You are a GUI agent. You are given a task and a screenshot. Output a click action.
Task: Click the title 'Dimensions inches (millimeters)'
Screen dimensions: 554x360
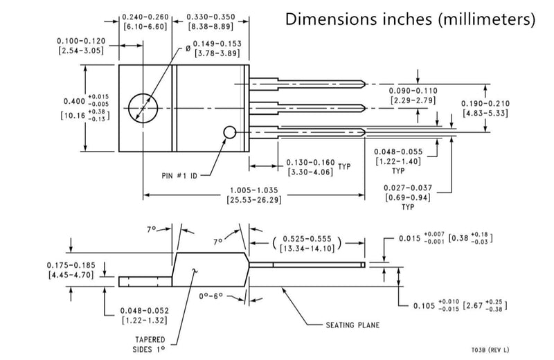(x=410, y=19)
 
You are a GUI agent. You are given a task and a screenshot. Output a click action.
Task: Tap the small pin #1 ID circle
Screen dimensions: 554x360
(x=229, y=132)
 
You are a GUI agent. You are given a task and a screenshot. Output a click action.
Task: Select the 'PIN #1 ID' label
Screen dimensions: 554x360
(x=179, y=176)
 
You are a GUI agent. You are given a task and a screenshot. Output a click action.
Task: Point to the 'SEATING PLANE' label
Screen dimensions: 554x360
(x=352, y=325)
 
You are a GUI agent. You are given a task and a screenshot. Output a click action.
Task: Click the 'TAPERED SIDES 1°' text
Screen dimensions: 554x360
(x=149, y=345)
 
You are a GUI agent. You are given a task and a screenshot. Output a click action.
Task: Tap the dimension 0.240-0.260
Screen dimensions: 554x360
(x=145, y=17)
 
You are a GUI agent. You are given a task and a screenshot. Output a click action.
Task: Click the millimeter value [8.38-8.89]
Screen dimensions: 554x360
(x=211, y=26)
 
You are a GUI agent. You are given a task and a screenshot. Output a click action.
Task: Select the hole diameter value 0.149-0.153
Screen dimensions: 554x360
(x=217, y=44)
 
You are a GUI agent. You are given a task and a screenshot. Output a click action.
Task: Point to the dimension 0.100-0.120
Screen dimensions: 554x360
(x=81, y=42)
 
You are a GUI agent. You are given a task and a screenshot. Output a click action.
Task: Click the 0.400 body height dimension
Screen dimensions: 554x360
(x=74, y=101)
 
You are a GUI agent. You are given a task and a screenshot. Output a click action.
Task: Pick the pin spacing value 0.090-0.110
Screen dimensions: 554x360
(x=413, y=91)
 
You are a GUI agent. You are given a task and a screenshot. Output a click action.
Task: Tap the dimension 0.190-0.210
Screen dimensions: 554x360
(x=485, y=104)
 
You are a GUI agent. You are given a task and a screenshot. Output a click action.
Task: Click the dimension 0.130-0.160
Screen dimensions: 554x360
(x=310, y=163)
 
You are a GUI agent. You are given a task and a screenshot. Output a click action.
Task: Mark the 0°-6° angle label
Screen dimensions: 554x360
(x=211, y=296)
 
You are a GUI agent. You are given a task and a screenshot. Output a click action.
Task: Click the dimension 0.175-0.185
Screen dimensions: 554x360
(x=71, y=265)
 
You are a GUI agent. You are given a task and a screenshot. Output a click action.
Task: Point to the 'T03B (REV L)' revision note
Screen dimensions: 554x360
(x=490, y=350)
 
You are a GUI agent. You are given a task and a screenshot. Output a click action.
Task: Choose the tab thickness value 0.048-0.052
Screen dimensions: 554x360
(x=145, y=311)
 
